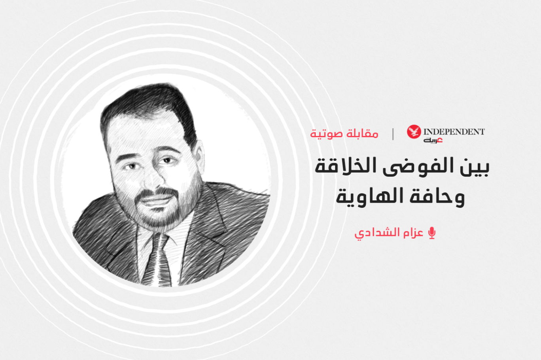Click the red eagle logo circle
pos(414,132)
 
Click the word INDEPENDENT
pos(454,132)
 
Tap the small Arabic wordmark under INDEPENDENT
pos(433,140)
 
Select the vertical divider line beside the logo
pos(393,134)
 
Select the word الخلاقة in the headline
pos(346,166)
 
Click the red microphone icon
pos(431,233)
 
